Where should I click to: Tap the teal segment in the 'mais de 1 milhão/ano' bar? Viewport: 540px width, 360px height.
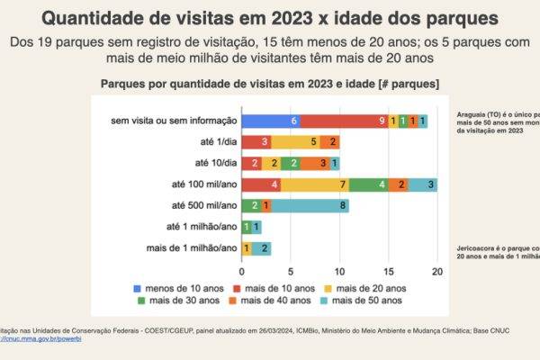pyautogui.click(x=262, y=247)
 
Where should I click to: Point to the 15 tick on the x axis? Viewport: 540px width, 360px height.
pyautogui.click(x=388, y=271)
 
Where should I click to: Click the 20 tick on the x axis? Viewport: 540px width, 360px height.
pyautogui.click(x=436, y=271)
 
